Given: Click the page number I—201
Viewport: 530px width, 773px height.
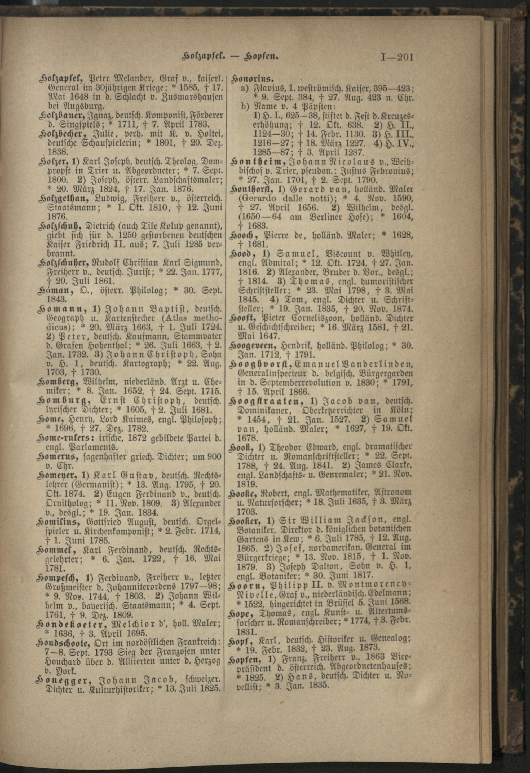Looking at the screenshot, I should coord(396,58).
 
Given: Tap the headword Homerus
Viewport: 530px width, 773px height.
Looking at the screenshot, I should coord(58,457).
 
